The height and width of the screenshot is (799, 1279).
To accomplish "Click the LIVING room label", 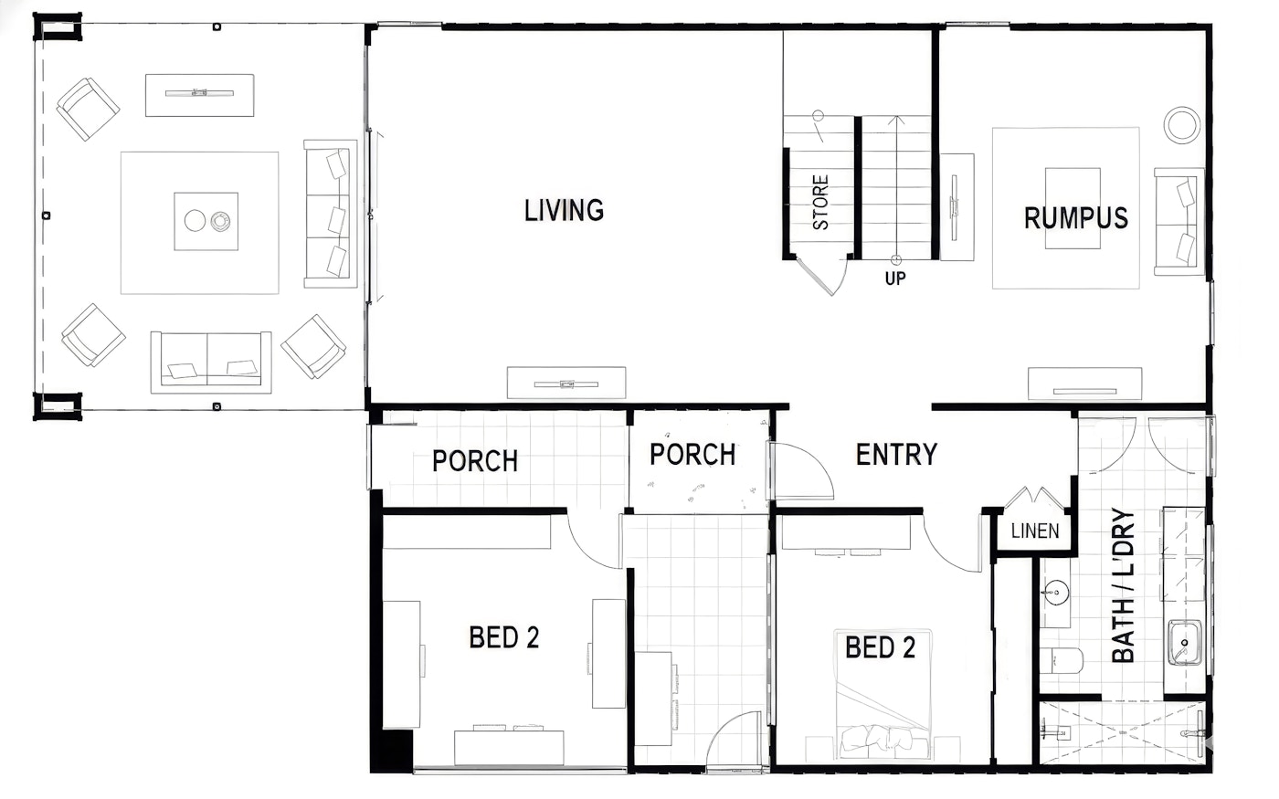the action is pos(565,211).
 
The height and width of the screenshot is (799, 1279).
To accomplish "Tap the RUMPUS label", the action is pos(1076,218).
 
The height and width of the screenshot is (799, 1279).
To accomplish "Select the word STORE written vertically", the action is pos(820,203).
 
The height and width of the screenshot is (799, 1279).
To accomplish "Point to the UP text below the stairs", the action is pos(894,279).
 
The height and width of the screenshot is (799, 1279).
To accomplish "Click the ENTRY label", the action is pos(896,455).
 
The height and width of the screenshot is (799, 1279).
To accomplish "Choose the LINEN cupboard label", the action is pos(1034,531).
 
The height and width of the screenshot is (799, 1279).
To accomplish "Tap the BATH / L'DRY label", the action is pos(1123,585).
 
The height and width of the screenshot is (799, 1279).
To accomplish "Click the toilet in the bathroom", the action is pos(1061,661).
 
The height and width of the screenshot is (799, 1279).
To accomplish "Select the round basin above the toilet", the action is pos(1056,592).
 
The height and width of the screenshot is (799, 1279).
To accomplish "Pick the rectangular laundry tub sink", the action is pos(1184,643).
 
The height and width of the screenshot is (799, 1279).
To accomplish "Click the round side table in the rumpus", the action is pos(1181,126).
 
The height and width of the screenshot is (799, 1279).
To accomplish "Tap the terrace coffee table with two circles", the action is pos(206,221).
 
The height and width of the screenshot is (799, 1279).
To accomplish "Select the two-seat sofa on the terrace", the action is pos(211,363).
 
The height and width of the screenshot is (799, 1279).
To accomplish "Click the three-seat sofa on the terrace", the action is pos(330,214).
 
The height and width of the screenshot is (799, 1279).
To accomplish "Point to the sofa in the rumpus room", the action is pos(1179,222).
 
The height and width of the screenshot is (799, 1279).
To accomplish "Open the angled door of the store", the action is pos(818,278).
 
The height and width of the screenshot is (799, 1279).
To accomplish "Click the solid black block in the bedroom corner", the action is pos(392,751).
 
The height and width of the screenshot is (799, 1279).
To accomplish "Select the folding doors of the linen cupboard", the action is pos(1033,498).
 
